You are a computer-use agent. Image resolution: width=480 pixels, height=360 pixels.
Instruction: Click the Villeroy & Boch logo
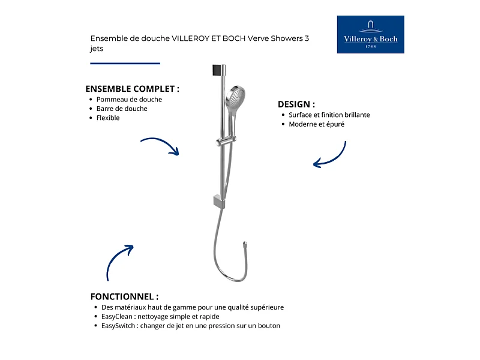pos(370,34)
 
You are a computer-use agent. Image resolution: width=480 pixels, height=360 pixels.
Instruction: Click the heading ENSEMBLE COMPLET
pos(132,88)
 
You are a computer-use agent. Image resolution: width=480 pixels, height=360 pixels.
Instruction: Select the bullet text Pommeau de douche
pos(129,100)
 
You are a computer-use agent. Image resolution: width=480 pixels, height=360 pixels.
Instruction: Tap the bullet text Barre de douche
pos(122,109)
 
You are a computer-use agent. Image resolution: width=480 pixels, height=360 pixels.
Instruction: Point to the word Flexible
pos(108,118)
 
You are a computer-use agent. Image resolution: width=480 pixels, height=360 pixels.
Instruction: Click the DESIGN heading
pos(296,104)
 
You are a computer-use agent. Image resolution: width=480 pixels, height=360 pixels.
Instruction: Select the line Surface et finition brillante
pos(329,115)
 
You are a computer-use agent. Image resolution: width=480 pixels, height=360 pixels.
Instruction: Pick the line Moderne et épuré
pos(316,124)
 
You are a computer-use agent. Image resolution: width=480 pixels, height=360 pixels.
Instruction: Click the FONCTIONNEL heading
pos(124,296)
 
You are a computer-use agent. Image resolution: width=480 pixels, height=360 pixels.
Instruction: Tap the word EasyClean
pos(111,316)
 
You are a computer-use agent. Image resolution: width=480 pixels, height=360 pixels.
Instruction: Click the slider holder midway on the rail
pos(221,142)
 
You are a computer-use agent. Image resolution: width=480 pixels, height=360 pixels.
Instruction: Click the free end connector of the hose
pos(244,245)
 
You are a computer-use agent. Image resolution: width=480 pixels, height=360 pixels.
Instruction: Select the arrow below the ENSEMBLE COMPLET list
pos(160,146)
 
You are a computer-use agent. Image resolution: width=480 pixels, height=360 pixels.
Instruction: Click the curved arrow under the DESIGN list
pos(331,155)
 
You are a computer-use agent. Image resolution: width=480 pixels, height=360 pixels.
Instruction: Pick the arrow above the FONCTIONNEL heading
pos(119,262)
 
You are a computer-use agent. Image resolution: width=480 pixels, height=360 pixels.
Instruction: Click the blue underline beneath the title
pos(125,63)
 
